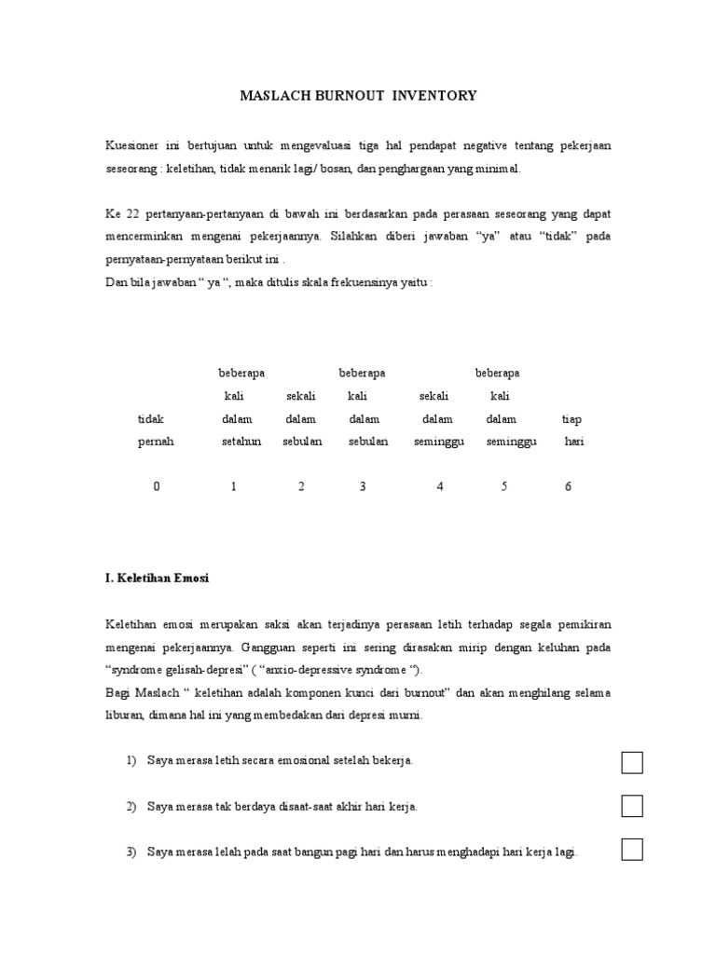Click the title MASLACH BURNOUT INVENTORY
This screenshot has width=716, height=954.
[358, 95]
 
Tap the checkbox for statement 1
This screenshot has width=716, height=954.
[632, 762]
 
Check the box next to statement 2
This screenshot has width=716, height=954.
[632, 806]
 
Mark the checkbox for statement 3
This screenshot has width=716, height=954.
[632, 850]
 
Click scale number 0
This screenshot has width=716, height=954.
[157, 486]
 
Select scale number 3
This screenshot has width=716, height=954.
[363, 486]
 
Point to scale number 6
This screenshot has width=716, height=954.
[568, 486]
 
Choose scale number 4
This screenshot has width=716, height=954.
[440, 486]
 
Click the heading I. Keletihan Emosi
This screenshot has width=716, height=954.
[158, 579]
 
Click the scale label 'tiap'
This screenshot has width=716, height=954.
[571, 419]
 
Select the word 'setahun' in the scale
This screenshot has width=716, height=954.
[241, 442]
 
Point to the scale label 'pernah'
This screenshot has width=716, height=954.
[157, 442]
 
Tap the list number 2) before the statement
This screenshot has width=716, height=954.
[131, 807]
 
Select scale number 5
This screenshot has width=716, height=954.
[503, 486]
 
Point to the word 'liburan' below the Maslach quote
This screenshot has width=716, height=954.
[125, 715]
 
